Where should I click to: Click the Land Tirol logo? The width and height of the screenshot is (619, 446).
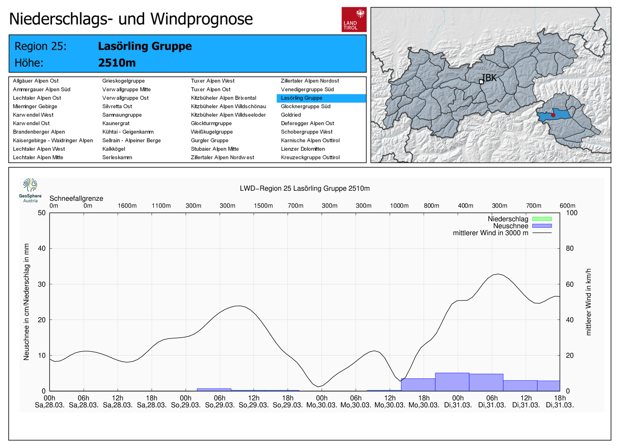[354, 19]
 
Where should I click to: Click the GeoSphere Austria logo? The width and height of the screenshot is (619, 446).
[30, 190]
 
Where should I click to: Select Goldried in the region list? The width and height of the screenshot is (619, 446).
[291, 115]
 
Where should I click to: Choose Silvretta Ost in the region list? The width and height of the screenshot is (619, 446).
[117, 106]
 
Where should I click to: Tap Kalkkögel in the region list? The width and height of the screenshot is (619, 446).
[114, 149]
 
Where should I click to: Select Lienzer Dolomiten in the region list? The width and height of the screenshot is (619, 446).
[303, 149]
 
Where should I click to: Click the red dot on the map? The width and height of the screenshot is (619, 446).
[553, 115]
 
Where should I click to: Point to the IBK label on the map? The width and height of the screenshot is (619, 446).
[489, 78]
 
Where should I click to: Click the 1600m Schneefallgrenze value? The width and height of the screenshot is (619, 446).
[127, 206]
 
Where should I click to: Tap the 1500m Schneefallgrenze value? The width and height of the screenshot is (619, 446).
[263, 206]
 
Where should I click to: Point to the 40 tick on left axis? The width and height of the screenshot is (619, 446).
[42, 248]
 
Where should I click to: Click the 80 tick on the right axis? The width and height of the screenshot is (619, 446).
[569, 248]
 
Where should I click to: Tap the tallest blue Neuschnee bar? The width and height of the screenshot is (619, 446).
[452, 382]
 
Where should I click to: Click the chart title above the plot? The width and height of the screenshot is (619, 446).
[304, 188]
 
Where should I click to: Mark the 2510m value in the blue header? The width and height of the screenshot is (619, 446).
[117, 63]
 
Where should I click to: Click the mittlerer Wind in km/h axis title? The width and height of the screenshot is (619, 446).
[588, 302]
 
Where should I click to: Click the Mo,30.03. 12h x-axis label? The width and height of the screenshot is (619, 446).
[390, 402]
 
